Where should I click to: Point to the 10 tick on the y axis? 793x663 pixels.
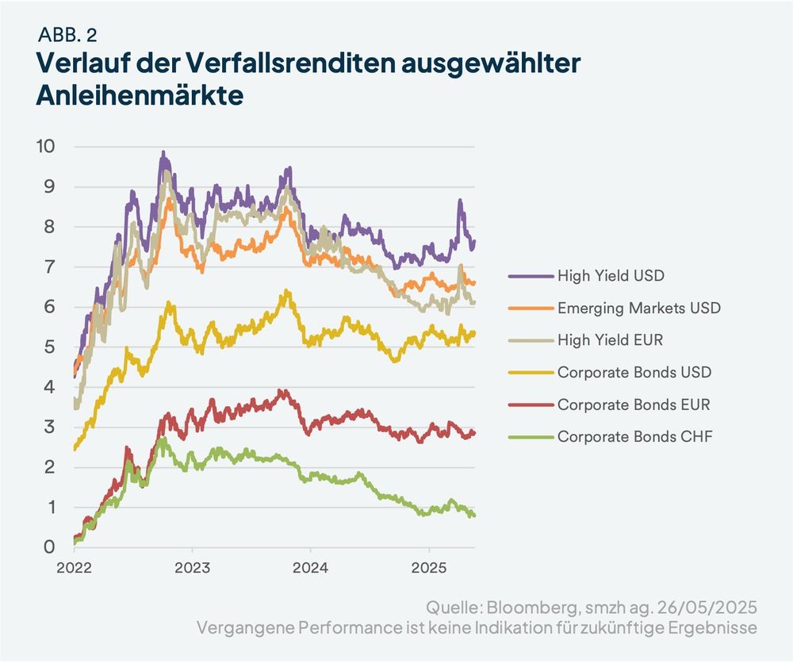[45, 147]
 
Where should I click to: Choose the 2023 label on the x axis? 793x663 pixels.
[192, 568]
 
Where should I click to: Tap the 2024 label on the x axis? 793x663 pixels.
[310, 568]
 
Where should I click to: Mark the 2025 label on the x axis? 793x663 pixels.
[428, 568]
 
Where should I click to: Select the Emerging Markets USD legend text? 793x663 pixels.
[639, 308]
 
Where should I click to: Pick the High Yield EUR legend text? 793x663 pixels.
[610, 339]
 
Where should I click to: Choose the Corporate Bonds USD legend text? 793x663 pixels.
[634, 371]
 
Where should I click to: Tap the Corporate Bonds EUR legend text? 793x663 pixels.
[634, 404]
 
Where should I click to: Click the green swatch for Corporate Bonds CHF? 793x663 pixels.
[529, 435]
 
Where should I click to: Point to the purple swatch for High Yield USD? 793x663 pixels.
[529, 276]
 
